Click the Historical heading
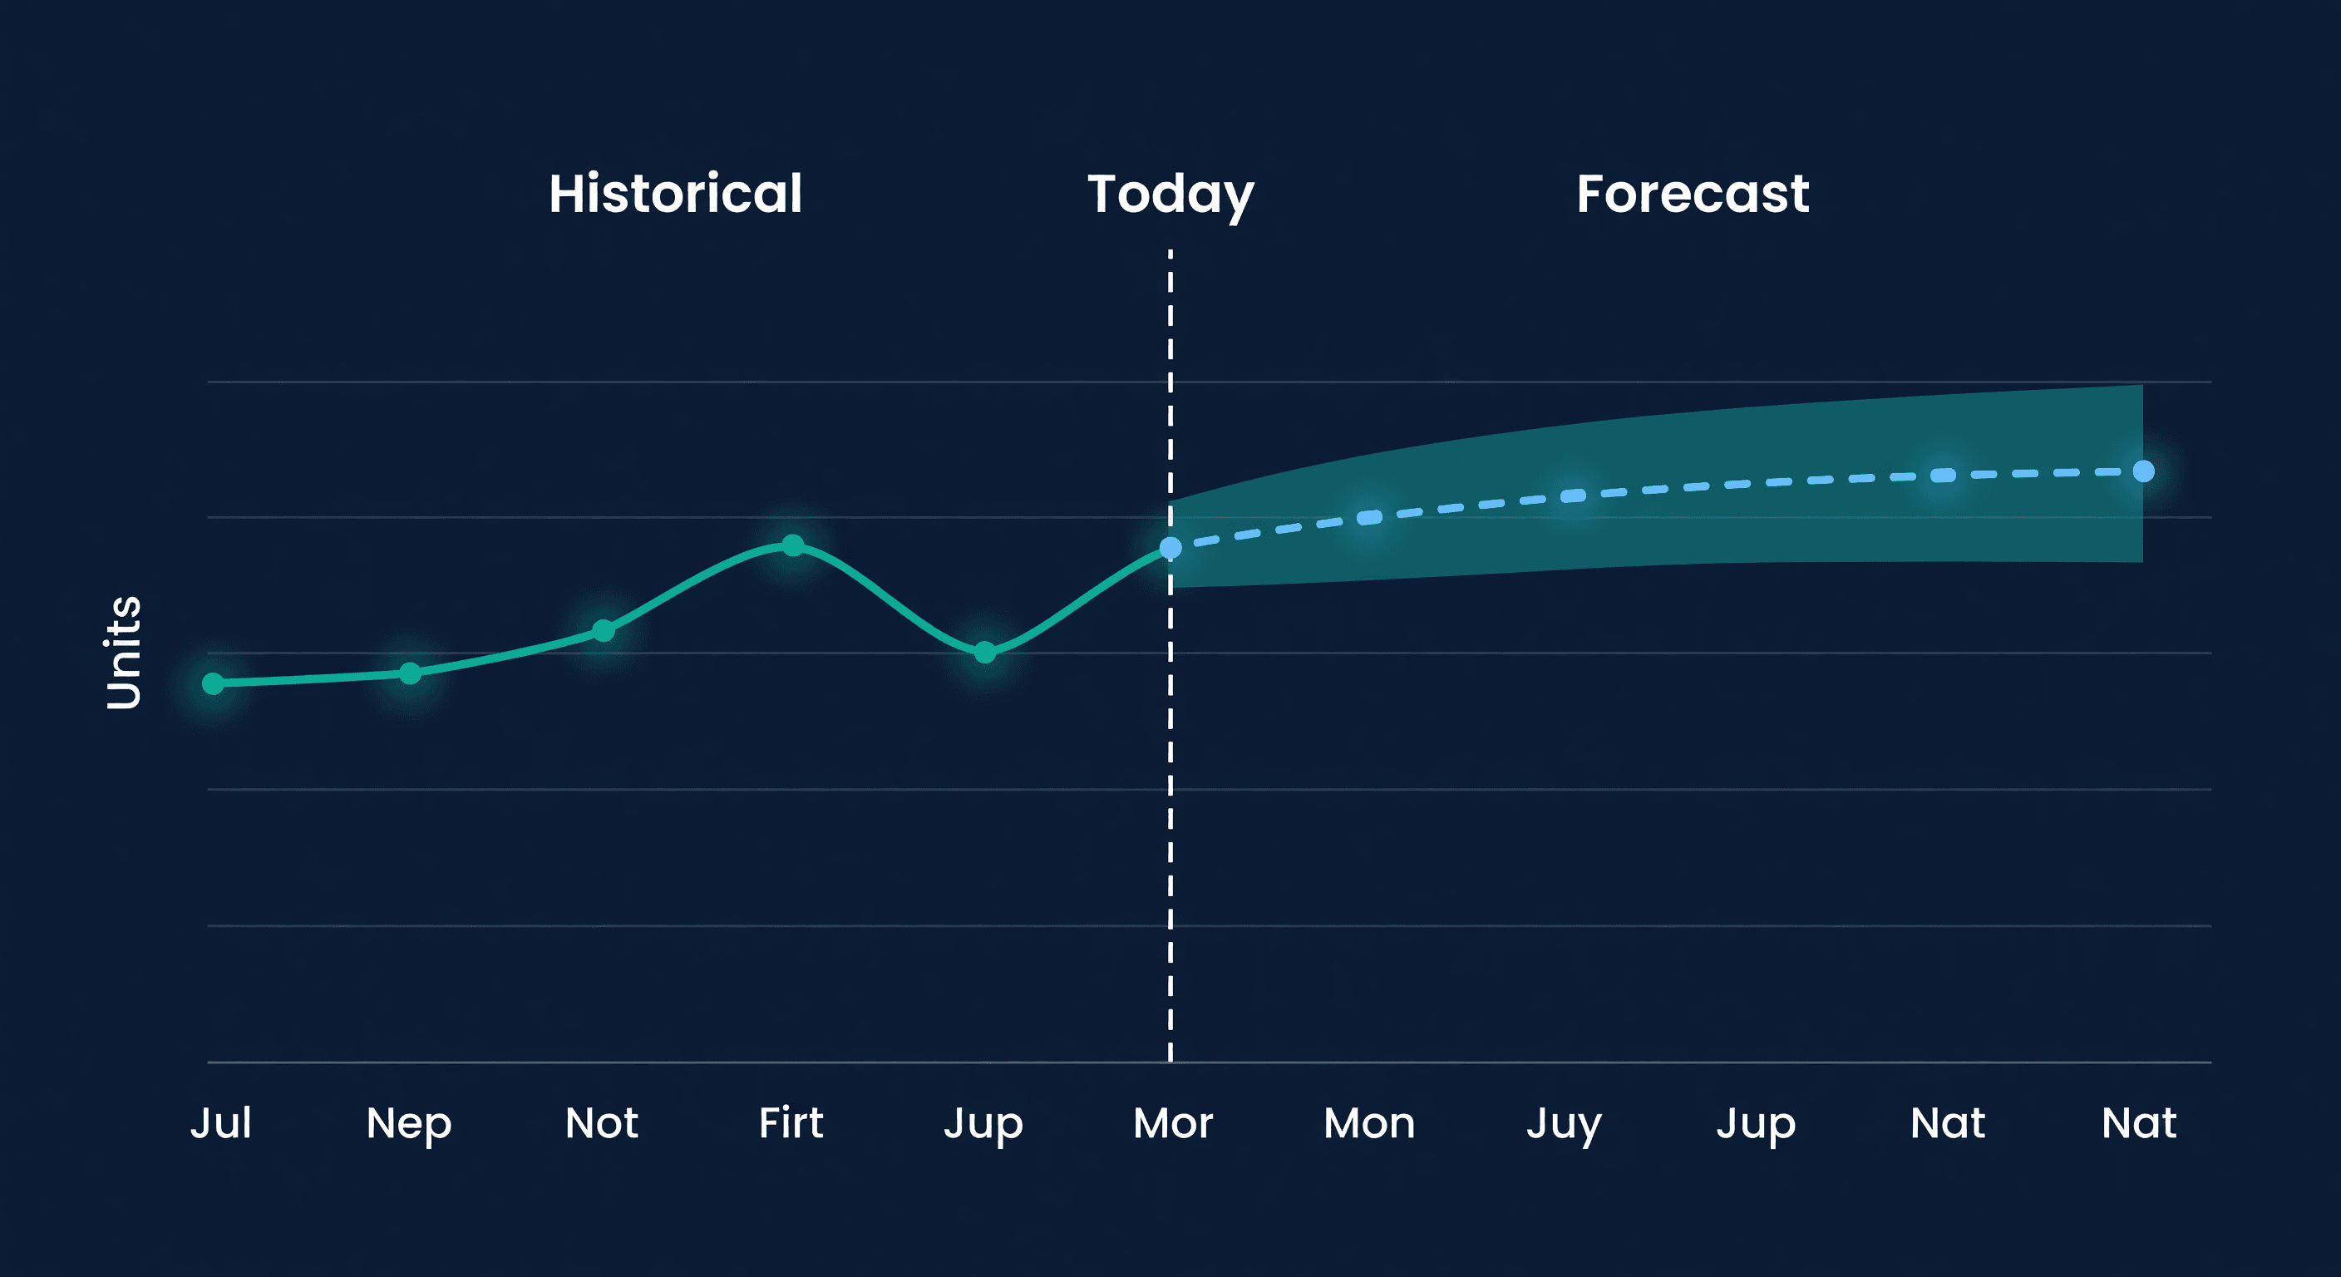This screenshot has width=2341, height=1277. tap(675, 194)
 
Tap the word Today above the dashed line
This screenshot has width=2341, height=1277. tap(1170, 194)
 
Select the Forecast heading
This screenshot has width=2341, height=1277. tap(1692, 194)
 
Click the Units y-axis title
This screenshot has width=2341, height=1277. tap(124, 652)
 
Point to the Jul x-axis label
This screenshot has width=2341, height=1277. tap(221, 1122)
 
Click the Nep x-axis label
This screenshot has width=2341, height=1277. tap(409, 1124)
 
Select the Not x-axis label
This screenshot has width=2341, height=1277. tap(602, 1122)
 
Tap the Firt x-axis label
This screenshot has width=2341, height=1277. tap(791, 1122)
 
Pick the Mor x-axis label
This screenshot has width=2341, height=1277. tap(1172, 1123)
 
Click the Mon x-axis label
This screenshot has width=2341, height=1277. tap(1368, 1123)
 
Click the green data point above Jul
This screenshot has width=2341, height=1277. tap(214, 683)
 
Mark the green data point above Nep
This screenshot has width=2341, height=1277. tap(410, 673)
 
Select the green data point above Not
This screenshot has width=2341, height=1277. tap(604, 631)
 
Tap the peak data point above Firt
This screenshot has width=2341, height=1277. tap(793, 545)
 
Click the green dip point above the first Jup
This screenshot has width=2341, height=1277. tap(985, 653)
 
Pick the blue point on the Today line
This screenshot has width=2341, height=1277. tap(1170, 547)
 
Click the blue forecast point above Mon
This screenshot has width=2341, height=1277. tap(1369, 517)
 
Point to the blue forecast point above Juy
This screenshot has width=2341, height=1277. tap(1573, 496)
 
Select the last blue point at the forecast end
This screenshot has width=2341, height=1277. tap(2143, 471)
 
